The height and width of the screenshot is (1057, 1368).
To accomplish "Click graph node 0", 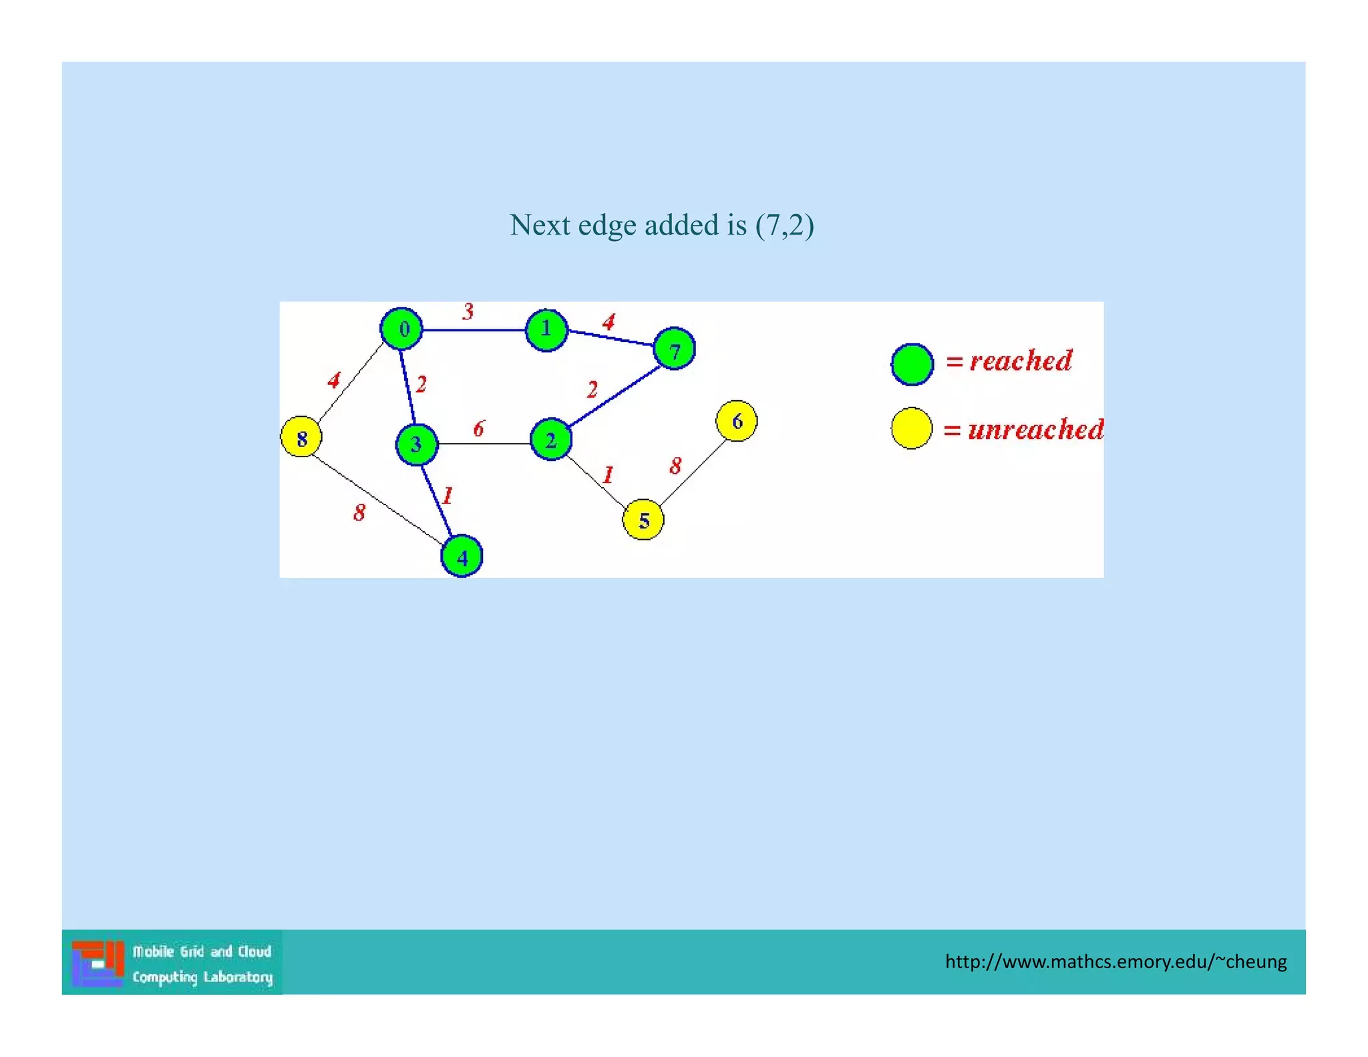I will tap(401, 329).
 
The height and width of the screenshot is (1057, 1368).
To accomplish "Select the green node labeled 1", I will tap(546, 329).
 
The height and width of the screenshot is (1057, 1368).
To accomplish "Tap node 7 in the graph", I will tap(674, 349).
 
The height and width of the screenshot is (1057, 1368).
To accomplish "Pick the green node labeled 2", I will tap(551, 440).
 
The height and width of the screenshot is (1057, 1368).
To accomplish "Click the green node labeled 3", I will tap(417, 444).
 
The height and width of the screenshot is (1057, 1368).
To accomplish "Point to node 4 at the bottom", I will tap(462, 556).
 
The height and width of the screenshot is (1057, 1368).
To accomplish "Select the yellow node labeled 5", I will tap(643, 520).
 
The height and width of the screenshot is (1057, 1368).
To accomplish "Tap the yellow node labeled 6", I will tap(736, 421).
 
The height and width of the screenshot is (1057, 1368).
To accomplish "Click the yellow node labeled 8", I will tap(301, 437).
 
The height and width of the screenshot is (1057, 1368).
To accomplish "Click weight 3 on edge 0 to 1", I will tap(468, 311).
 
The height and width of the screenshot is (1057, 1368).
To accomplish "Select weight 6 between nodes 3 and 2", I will tap(479, 429).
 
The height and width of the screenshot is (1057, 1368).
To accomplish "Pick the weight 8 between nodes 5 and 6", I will tap(676, 466).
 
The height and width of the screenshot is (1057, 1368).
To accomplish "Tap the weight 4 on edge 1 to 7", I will tap(609, 323).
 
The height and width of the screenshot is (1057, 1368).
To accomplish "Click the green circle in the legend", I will tap(912, 365).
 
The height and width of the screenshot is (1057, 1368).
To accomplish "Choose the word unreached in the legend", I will tap(1035, 430).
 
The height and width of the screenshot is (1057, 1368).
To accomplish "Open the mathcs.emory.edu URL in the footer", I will tap(1116, 961).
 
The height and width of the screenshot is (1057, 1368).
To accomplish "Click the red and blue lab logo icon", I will tap(98, 963).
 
